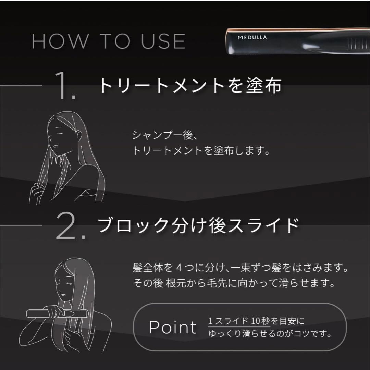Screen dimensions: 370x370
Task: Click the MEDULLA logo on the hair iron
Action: pos(252,37)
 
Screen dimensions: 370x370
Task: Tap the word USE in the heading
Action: pos(159,41)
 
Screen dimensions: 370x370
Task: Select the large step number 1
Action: pos(65,86)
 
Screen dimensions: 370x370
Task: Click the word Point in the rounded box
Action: pos(173,328)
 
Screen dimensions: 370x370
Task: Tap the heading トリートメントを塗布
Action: pos(190,86)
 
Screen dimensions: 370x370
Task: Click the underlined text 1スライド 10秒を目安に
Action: pos(256,322)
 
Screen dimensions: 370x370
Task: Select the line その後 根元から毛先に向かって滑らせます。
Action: pos(234,284)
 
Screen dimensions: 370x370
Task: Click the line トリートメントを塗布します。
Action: pos(201,151)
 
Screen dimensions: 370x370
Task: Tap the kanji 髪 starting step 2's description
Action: pos(137,268)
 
